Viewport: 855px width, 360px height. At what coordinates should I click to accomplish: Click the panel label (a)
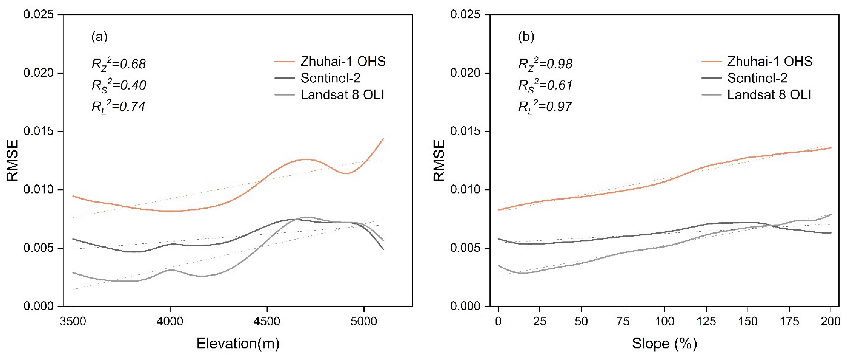pyautogui.click(x=99, y=37)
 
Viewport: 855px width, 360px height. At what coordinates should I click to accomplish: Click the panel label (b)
pyautogui.click(x=526, y=37)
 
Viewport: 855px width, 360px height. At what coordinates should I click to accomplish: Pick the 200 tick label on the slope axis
pyautogui.click(x=830, y=321)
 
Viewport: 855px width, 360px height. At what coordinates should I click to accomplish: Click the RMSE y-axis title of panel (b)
pyautogui.click(x=439, y=160)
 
